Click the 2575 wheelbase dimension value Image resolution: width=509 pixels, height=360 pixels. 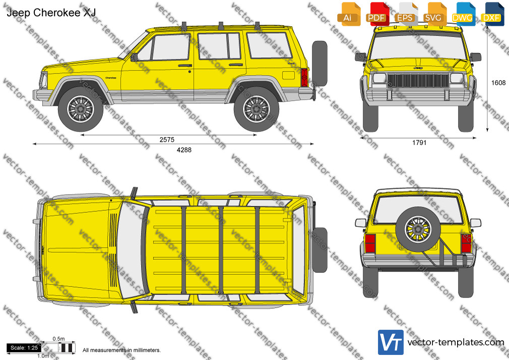167,140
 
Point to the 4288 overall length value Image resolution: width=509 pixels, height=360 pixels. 184,150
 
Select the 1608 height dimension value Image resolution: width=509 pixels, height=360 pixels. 498,83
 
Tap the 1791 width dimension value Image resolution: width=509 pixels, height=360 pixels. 419,143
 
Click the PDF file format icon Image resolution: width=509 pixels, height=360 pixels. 377,14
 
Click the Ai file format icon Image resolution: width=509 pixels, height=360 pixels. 348,14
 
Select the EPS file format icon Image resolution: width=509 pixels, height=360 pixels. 406,14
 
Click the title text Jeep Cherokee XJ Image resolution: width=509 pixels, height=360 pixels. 51,13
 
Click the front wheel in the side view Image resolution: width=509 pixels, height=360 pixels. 81,109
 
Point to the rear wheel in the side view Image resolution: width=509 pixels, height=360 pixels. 257,109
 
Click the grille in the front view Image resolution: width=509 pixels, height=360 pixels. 418,80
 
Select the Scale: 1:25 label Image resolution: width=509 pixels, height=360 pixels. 24,348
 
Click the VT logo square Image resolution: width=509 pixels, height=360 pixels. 391,342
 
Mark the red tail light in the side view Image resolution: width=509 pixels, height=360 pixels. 304,77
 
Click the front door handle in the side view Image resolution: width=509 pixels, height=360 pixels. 185,66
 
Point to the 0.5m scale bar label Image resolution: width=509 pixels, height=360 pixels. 59,339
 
